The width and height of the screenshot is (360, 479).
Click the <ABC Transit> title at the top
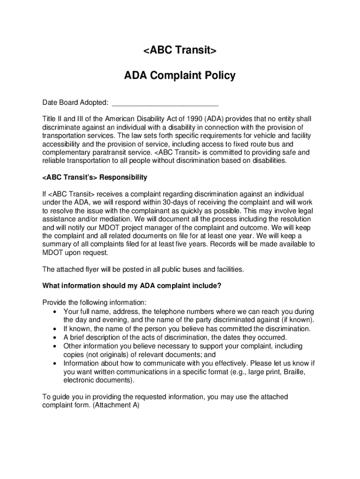tap(180, 51)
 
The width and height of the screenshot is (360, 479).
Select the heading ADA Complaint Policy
tap(180, 75)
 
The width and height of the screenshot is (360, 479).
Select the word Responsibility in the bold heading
tap(123, 177)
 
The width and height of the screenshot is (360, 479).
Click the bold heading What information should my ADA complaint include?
tap(132, 286)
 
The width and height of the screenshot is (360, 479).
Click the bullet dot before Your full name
tap(56, 312)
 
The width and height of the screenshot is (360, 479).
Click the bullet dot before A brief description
tap(56, 337)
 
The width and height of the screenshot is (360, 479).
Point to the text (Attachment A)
tap(116, 406)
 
